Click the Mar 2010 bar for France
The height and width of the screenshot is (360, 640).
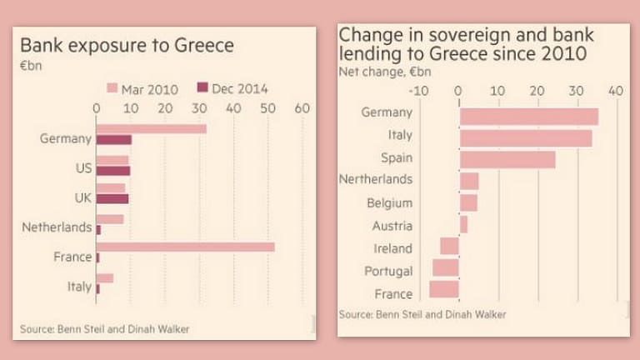pyautogui.click(x=185, y=247)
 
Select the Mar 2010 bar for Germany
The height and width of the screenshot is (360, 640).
pyautogui.click(x=151, y=128)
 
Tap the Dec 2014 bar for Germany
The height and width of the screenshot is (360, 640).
pyautogui.click(x=114, y=139)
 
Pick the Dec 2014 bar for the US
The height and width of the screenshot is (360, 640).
pyautogui.click(x=113, y=171)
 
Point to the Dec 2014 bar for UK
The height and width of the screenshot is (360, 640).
pyautogui.click(x=112, y=199)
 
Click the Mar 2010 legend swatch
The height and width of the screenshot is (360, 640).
pyautogui.click(x=113, y=87)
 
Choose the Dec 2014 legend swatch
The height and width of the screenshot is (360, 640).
pyautogui.click(x=201, y=87)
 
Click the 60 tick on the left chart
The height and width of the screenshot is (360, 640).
pyautogui.click(x=302, y=107)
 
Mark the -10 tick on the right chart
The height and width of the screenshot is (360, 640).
pyautogui.click(x=420, y=91)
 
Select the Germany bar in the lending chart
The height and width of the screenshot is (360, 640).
pyautogui.click(x=528, y=116)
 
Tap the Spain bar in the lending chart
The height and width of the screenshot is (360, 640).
pyautogui.click(x=507, y=159)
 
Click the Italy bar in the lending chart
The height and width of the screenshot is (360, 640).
pyautogui.click(x=525, y=137)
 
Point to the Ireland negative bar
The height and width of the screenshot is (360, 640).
pyautogui.click(x=450, y=246)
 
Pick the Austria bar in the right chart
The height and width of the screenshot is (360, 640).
pyautogui.click(x=463, y=224)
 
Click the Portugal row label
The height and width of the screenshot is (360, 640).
pyautogui.click(x=388, y=271)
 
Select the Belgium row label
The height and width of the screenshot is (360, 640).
pyautogui.click(x=390, y=202)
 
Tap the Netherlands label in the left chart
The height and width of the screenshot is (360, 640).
pyautogui.click(x=57, y=226)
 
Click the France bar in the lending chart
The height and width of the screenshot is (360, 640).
pyautogui.click(x=444, y=289)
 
